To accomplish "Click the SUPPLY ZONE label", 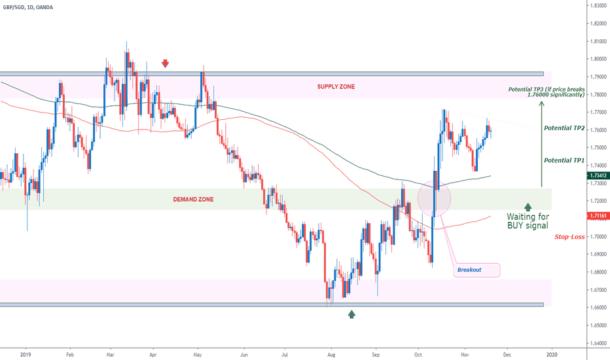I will tap(336, 87).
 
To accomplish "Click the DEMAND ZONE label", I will tap(194, 199).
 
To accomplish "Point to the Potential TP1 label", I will tap(564, 159).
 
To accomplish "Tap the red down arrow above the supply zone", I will tap(166, 63).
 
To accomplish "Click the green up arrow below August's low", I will tap(351, 314).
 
